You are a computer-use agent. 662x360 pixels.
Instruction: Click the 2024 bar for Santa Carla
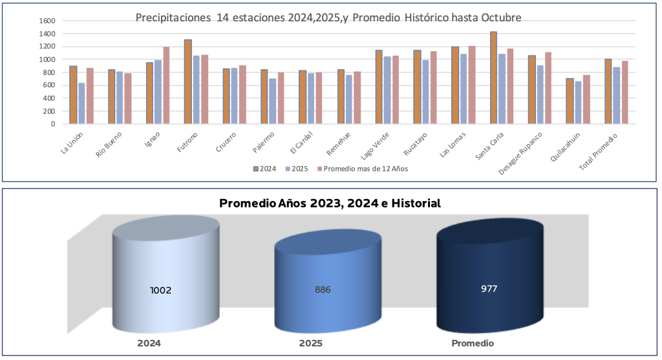[x=493, y=78]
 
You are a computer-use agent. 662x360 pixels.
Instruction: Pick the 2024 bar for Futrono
[x=187, y=81]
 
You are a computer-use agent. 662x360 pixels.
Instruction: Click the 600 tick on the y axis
[x=49, y=85]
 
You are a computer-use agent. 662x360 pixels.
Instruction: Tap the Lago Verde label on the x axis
[x=375, y=144]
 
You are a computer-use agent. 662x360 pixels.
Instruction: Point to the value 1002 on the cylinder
[x=160, y=290]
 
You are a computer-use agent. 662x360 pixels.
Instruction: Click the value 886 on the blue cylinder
[x=323, y=290]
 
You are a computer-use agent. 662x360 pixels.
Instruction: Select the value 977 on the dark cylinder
[x=489, y=288]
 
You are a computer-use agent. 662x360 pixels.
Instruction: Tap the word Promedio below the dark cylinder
[x=473, y=344]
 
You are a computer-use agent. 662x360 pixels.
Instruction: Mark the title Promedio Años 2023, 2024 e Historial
[x=330, y=204]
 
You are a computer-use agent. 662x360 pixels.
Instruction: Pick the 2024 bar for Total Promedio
[x=608, y=91]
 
